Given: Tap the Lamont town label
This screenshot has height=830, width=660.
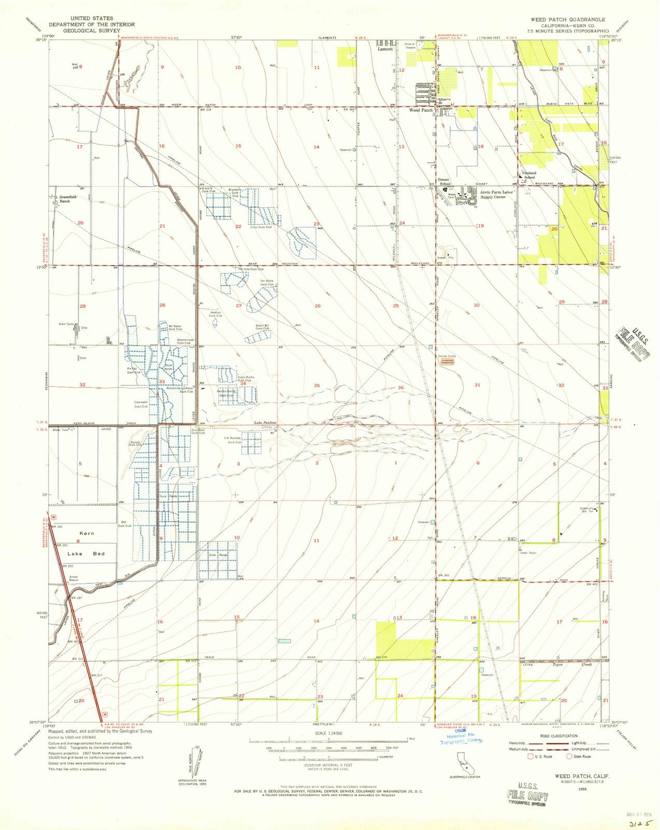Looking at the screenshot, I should point(385,49).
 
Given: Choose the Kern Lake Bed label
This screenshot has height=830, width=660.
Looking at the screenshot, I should point(86,543).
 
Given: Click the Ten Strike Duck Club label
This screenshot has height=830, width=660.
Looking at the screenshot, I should point(267,283).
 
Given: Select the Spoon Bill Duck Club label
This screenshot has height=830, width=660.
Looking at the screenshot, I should point(262,327).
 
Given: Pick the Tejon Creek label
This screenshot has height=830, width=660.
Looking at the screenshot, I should point(565,665).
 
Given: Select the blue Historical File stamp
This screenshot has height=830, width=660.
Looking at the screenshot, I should point(460,739).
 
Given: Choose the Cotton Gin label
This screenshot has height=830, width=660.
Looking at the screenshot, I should point(586,509).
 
